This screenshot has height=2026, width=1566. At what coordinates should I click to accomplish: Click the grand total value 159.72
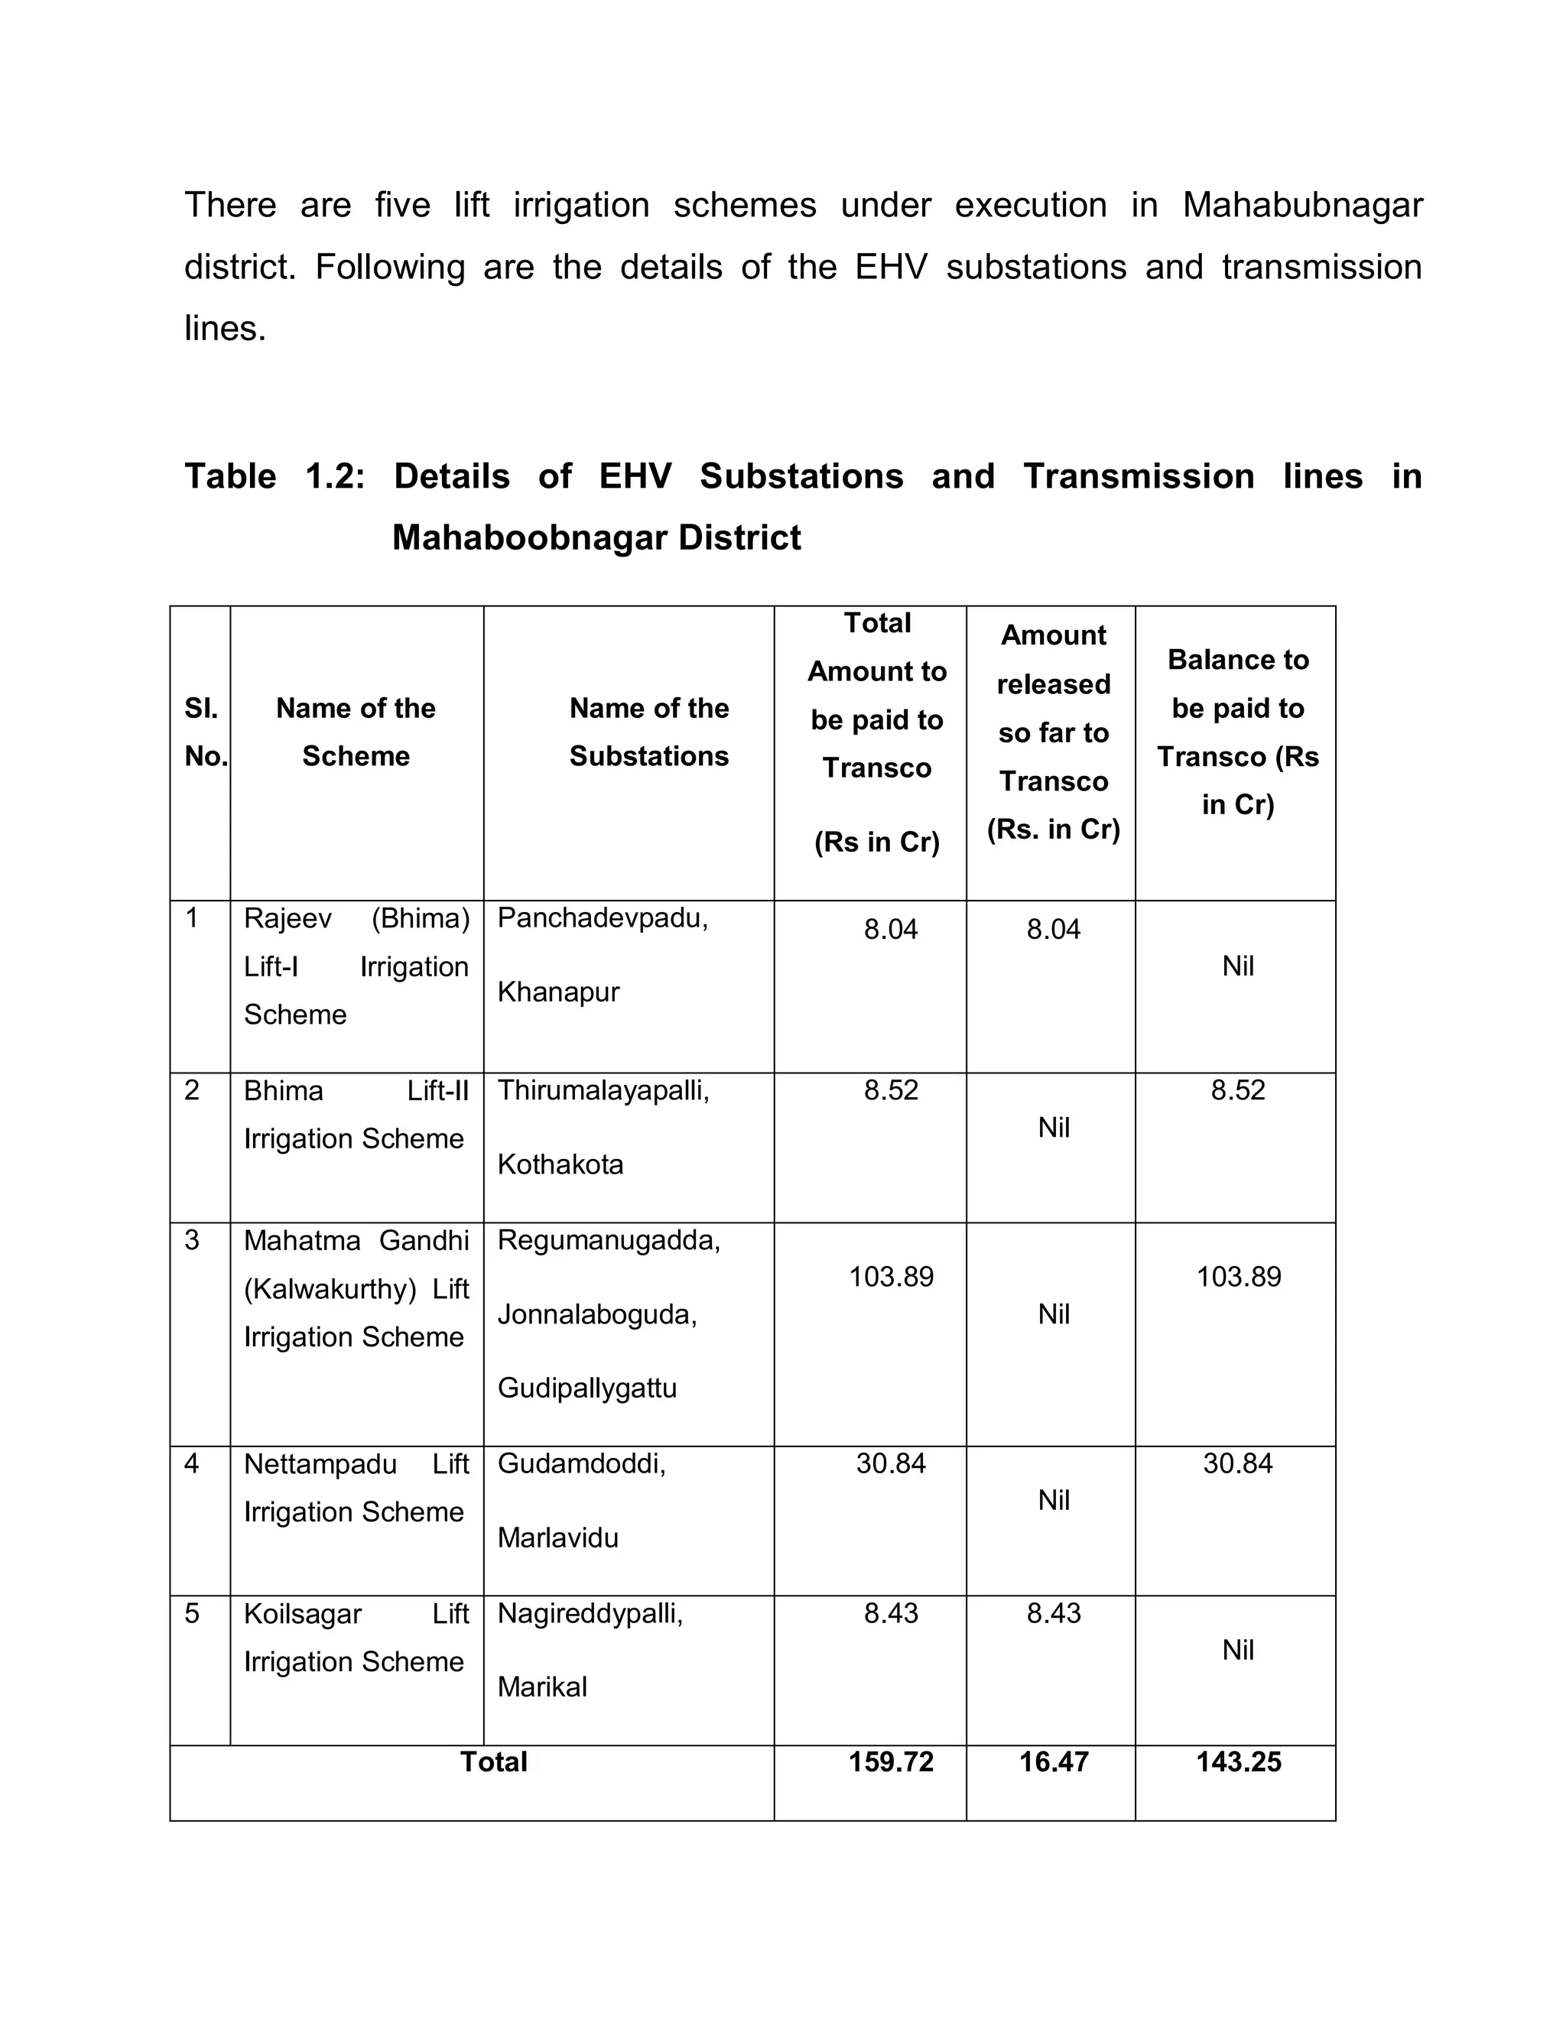(891, 1761)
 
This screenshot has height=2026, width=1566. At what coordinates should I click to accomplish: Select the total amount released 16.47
(1053, 1761)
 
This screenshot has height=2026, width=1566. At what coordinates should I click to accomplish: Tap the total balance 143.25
(1238, 1761)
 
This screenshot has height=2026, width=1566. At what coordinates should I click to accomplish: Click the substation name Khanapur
(557, 992)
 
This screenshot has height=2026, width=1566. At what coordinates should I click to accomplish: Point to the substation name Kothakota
(560, 1164)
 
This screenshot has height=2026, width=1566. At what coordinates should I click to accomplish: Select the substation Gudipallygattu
(586, 1388)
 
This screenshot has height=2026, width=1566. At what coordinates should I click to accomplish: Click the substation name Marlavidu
(557, 1538)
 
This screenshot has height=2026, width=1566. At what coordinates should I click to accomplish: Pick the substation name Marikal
(542, 1687)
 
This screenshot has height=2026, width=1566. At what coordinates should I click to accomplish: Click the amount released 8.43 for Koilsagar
(1053, 1612)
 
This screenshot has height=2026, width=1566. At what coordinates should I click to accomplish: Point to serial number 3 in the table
(192, 1240)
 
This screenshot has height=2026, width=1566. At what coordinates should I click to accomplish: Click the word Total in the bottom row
(493, 1761)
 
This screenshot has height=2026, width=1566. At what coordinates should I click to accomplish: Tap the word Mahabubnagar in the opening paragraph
(1301, 205)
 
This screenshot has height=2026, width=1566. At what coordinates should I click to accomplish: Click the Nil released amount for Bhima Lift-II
(1053, 1127)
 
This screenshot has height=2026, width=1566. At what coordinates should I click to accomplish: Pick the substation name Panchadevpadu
(602, 918)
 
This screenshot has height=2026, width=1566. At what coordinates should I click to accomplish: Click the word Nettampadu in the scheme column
(320, 1464)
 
